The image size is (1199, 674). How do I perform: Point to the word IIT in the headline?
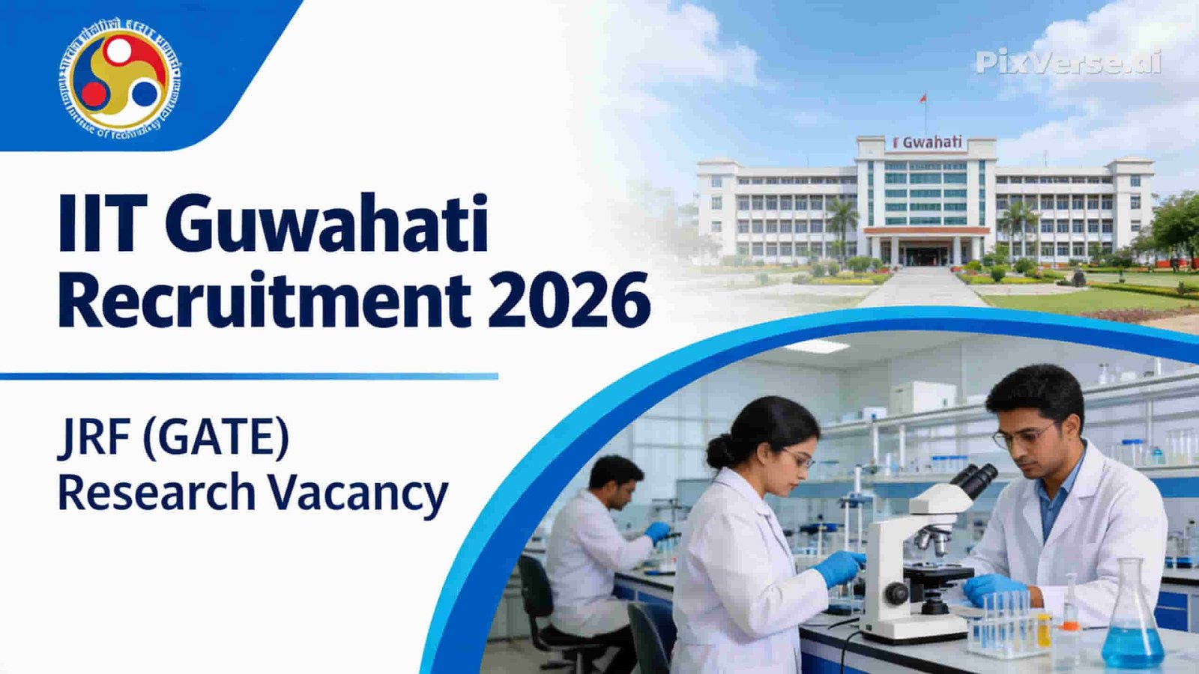coord(98,223)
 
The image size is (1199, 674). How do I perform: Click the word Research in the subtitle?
coord(157,493)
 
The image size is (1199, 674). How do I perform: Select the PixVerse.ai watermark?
coord(1069,61)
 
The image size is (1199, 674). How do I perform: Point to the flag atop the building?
coord(923,98)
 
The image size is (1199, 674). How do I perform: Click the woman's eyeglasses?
coord(797,456)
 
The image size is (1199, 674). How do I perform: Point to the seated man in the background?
coord(599,539)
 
